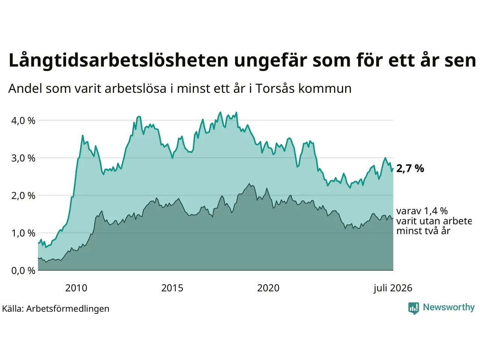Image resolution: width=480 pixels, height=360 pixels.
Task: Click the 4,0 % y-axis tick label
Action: pos(23,121)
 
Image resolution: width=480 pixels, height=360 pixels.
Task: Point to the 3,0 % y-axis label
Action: pos(23,158)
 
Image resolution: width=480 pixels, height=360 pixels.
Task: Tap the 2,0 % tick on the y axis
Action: pos(23,196)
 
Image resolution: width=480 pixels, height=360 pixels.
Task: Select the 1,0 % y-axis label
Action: pos(23,234)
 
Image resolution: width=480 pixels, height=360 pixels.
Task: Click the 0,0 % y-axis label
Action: pos(23,271)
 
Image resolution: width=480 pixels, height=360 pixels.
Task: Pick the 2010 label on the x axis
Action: pos(76,288)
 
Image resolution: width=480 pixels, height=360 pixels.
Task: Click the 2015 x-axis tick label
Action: pos(172,288)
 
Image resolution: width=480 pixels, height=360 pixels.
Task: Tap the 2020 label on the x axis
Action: pos(268,288)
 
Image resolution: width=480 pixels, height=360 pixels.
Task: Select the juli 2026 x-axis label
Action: pos(393,288)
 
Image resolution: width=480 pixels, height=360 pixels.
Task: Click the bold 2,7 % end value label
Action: pos(410,169)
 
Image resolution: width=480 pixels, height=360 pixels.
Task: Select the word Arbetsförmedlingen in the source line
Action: pos(67,309)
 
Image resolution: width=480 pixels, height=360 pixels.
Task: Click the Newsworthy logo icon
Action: pos(414,308)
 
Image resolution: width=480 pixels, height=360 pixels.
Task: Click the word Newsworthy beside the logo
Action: pos(449,307)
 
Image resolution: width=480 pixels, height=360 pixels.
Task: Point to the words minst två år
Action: pos(423,231)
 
